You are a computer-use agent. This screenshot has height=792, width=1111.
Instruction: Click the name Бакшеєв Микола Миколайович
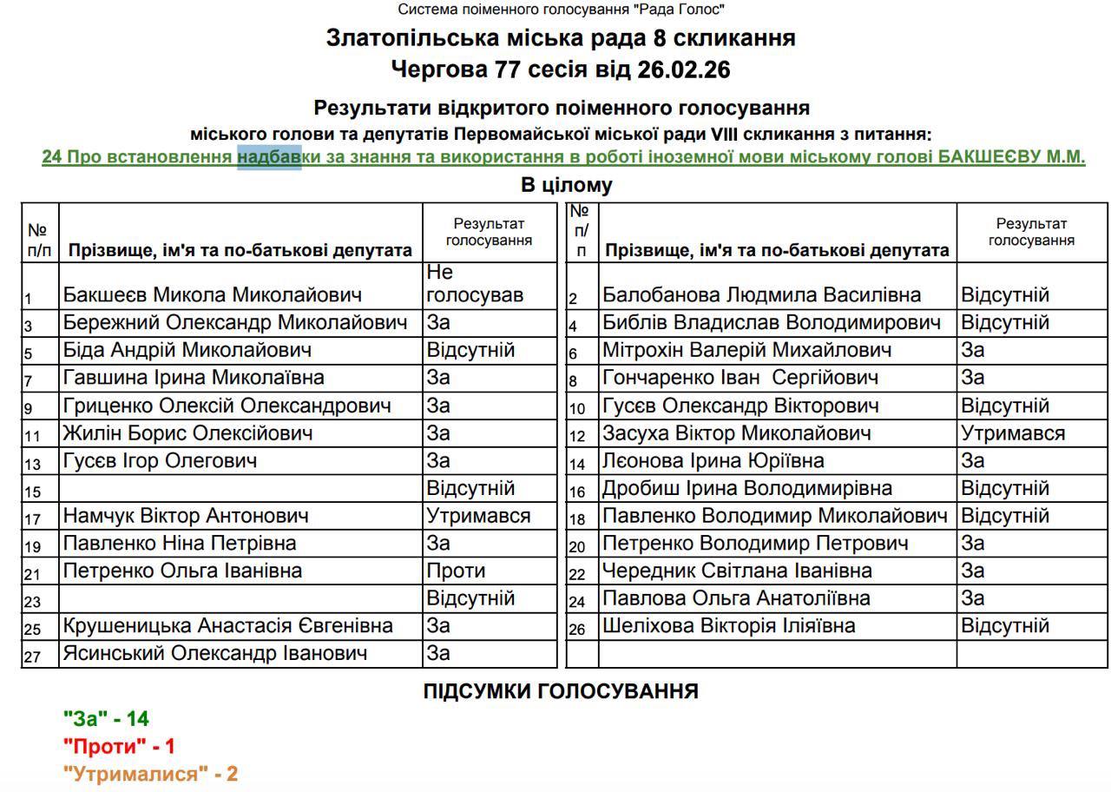[x=212, y=295]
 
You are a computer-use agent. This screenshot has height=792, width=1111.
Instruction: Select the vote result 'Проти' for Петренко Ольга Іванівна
[x=456, y=571]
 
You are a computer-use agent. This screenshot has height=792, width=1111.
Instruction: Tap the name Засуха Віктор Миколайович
[x=736, y=433]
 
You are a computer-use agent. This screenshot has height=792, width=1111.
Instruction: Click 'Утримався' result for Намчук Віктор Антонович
[x=478, y=516]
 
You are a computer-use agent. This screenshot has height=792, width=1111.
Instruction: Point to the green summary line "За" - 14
[x=106, y=718]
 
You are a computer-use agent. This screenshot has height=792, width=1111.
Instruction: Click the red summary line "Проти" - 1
[x=119, y=746]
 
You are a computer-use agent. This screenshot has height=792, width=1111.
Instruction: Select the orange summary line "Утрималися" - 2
[x=150, y=774]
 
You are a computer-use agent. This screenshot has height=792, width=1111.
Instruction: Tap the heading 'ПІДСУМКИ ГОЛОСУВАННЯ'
[x=561, y=691]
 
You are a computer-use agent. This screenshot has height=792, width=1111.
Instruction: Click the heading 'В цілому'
[x=566, y=185]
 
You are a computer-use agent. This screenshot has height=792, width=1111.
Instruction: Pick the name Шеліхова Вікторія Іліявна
[x=728, y=626]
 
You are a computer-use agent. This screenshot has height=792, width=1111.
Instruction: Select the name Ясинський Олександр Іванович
[x=214, y=653]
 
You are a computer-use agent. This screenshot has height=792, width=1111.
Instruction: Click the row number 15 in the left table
[x=33, y=492]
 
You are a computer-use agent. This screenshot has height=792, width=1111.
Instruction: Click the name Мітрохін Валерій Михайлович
[x=746, y=351]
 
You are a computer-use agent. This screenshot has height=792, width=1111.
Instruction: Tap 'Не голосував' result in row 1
[x=474, y=284]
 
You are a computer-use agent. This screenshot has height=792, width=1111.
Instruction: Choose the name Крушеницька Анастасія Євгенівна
[x=227, y=626]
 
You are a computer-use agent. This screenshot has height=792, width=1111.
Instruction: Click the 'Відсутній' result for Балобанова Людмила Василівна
[x=1005, y=295]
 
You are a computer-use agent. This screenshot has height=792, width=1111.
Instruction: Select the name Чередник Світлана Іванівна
[x=737, y=571]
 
